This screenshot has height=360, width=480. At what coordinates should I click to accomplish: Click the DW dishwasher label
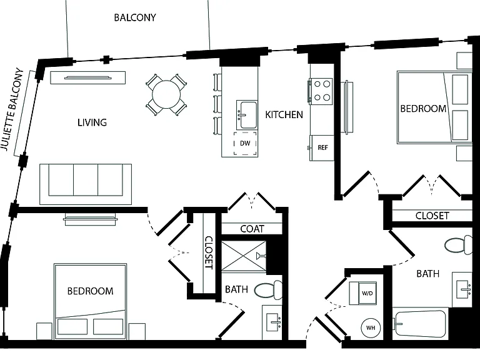pyautogui.click(x=245, y=143)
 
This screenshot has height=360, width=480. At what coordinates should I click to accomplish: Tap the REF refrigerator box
pyautogui.click(x=321, y=148)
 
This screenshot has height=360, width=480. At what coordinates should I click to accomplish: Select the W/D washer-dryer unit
pyautogui.click(x=363, y=293)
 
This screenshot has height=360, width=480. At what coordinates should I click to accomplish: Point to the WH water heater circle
pyautogui.click(x=371, y=328)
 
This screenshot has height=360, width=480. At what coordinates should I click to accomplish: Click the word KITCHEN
pyautogui.click(x=284, y=115)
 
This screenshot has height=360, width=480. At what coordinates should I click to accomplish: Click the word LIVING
pyautogui.click(x=92, y=122)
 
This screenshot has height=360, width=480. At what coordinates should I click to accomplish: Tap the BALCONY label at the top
pyautogui.click(x=135, y=17)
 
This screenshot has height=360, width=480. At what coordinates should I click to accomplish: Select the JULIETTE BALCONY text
pyautogui.click(x=12, y=109)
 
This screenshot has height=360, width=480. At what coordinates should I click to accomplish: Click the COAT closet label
pyautogui.click(x=252, y=229)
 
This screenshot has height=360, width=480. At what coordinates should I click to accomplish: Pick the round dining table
pyautogui.click(x=166, y=94)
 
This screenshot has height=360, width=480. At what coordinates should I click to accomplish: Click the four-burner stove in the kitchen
pyautogui.click(x=321, y=91)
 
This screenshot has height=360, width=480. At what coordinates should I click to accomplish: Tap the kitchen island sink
pyautogui.click(x=247, y=115)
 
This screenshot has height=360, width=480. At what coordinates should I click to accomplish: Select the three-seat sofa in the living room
pyautogui.click(x=86, y=184)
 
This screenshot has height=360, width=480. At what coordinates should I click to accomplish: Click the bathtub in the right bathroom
pyautogui.click(x=420, y=324)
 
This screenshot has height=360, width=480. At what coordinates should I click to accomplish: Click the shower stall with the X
pyautogui.click(x=244, y=256)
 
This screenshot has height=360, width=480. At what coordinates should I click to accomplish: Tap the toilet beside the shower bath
pyautogui.click(x=269, y=290)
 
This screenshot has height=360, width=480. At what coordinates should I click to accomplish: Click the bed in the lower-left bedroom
pyautogui.click(x=90, y=301)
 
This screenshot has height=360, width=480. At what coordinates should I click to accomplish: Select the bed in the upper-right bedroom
pyautogui.click(x=434, y=107)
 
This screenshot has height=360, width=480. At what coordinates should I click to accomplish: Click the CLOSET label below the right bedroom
pyautogui.click(x=432, y=216)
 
